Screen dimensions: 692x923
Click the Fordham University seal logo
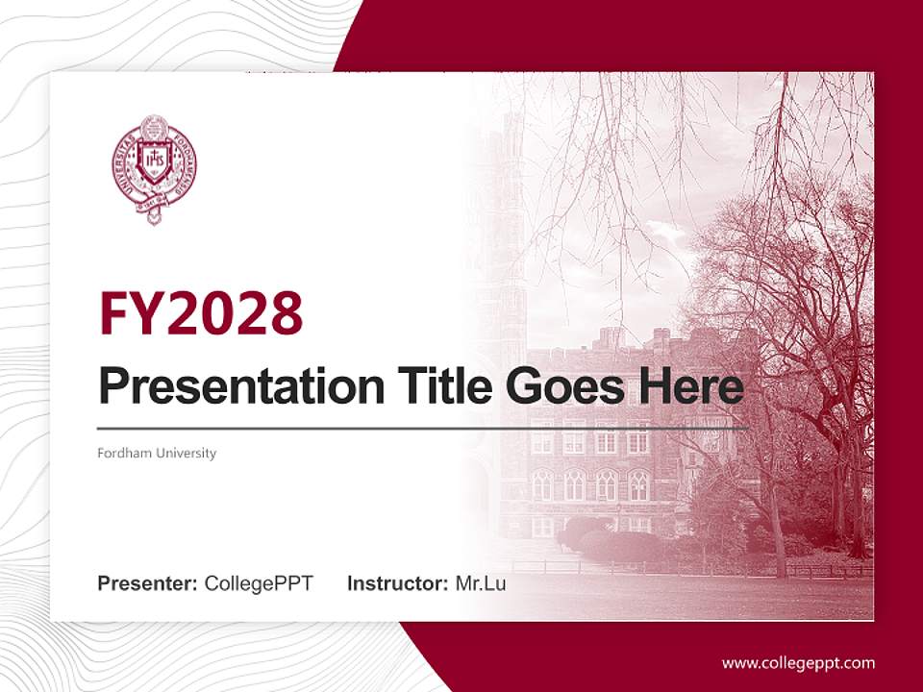click(x=154, y=169)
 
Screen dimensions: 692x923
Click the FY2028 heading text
click(x=201, y=313)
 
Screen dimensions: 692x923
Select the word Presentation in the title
click(x=227, y=387)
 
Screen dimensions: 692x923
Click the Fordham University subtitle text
click(x=157, y=453)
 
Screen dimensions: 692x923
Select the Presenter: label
click(x=148, y=583)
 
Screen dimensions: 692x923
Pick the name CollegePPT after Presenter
click(x=259, y=583)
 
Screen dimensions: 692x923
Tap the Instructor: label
click(x=397, y=583)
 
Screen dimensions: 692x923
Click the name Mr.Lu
click(x=480, y=583)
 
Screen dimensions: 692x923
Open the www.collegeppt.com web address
click(x=798, y=663)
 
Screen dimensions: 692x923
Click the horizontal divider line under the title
click(x=423, y=428)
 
